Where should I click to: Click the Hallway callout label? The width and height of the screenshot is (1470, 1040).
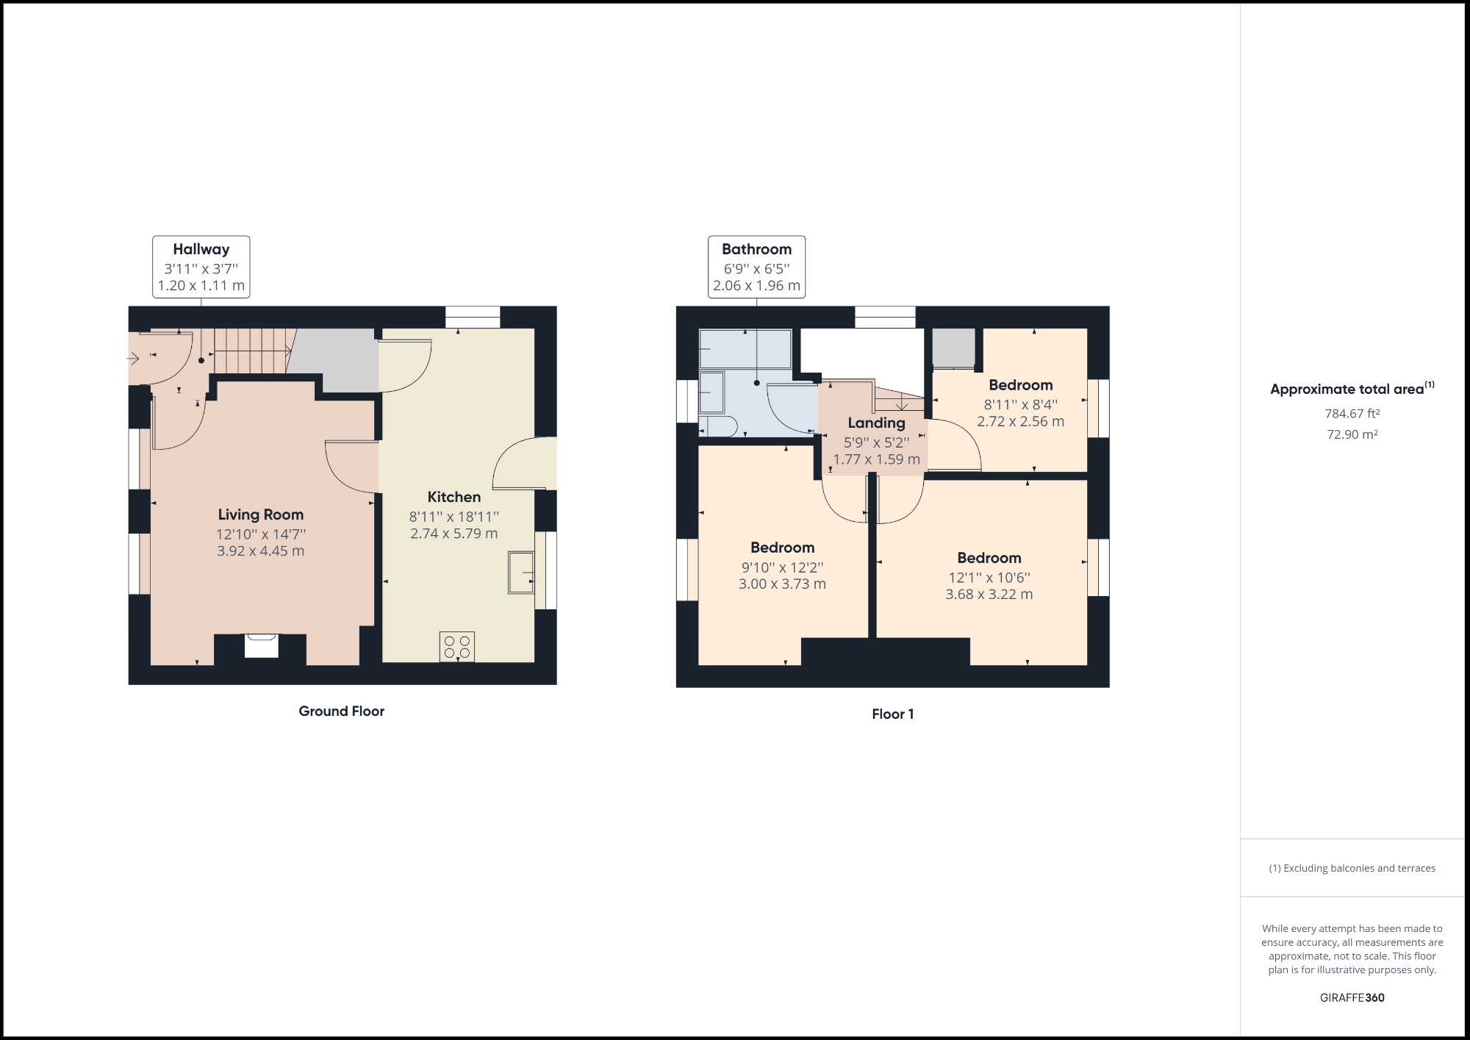point(201,250)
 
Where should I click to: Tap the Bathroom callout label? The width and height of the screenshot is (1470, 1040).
point(756,250)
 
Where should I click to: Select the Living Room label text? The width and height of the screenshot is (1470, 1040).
point(260,514)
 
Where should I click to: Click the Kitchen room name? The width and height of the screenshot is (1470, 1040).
point(453,497)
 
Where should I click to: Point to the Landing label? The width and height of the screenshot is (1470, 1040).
point(876,423)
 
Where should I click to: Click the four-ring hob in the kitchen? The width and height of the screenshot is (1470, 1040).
point(456,647)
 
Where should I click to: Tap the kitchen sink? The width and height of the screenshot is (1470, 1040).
point(520,573)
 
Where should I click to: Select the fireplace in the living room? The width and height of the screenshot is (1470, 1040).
point(261,645)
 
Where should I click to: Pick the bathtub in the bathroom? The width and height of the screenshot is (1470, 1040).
point(745,348)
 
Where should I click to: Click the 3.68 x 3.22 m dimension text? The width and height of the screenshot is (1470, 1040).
point(989,594)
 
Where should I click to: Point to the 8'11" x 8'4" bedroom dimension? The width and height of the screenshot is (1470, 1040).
point(1020,404)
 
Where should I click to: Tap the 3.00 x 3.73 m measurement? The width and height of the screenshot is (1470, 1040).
point(782,584)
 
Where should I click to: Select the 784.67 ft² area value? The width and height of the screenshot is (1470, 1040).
point(1352,414)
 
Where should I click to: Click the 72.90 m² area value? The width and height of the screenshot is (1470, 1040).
point(1352,434)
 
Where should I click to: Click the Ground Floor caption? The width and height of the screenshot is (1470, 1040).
point(341,711)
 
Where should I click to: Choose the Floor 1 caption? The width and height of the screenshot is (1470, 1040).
point(892,714)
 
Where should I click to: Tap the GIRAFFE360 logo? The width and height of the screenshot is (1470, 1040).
point(1352,997)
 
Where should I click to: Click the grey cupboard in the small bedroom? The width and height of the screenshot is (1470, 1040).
point(953,348)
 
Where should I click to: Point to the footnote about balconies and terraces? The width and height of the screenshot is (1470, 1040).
point(1352,868)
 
